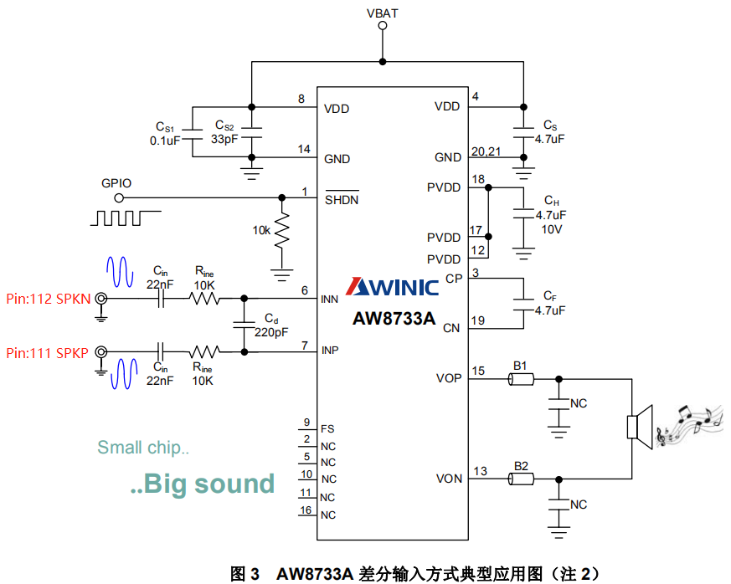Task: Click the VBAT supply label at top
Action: [383, 13]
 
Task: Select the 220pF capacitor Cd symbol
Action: [245, 325]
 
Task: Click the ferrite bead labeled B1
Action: [521, 379]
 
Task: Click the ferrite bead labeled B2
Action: [521, 479]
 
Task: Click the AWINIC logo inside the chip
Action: [393, 288]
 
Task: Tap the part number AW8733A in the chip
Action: [393, 318]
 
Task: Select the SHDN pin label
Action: [342, 200]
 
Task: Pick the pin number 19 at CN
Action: [478, 320]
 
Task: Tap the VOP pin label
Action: [448, 378]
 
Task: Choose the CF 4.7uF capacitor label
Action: [549, 303]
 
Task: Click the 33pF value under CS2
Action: [224, 140]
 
